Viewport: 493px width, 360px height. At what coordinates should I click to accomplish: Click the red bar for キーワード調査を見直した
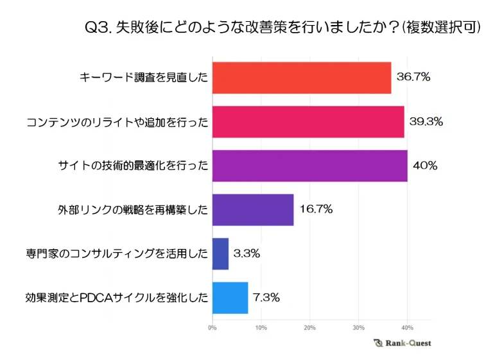point(301,78)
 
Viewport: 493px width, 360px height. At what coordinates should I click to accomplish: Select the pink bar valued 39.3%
point(307,122)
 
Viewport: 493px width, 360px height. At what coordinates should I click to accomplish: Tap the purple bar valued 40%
point(309,166)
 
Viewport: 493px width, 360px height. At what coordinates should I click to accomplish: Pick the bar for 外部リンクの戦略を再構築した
point(252,210)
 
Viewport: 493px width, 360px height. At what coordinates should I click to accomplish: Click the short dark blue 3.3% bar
point(220,253)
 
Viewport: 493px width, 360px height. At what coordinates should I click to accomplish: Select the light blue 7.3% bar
point(230,298)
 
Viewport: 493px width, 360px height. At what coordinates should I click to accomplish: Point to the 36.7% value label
point(413,78)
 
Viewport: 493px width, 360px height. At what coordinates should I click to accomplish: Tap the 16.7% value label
point(316,210)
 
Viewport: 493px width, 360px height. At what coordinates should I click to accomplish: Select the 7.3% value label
point(266,298)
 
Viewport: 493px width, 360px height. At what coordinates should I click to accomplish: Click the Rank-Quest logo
point(402,343)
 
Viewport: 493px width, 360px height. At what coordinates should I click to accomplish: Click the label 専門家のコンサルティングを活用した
point(117,253)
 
